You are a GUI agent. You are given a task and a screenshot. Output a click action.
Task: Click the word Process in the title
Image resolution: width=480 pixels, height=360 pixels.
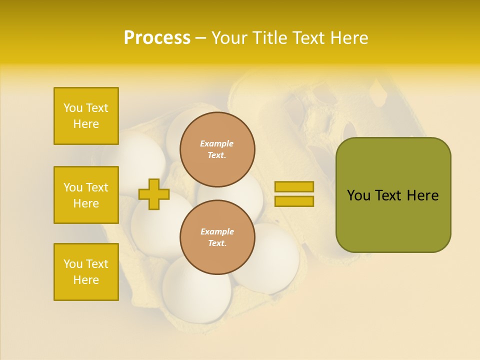point(157,37)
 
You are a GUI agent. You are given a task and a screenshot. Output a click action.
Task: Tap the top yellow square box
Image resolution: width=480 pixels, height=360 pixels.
point(86,116)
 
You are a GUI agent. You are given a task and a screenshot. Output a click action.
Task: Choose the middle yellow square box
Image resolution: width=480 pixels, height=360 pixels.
point(86,195)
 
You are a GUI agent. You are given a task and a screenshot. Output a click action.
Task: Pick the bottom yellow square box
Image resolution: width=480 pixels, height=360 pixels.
point(86,272)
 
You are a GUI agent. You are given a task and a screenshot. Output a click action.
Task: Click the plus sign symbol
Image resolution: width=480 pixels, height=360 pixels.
point(154,194)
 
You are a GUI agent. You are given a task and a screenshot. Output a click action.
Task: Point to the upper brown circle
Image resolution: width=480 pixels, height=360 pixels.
point(217,149)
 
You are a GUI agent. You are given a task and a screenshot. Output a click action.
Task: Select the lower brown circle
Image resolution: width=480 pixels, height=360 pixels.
point(217,237)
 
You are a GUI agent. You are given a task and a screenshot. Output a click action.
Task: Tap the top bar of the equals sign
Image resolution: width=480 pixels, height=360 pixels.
point(294,186)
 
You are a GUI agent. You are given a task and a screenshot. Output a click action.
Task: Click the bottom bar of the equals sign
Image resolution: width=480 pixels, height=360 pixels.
point(294,201)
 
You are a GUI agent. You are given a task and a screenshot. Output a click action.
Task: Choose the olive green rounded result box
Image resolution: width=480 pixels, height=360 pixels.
point(393,195)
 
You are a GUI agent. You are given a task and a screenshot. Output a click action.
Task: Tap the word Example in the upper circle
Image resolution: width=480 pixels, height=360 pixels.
point(217,143)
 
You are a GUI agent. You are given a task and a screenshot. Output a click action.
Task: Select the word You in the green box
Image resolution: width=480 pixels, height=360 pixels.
point(358,195)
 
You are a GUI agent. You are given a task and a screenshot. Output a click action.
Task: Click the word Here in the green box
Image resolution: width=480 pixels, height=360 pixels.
point(422,195)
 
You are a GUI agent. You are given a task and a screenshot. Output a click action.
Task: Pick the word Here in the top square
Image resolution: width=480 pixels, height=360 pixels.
point(86,124)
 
